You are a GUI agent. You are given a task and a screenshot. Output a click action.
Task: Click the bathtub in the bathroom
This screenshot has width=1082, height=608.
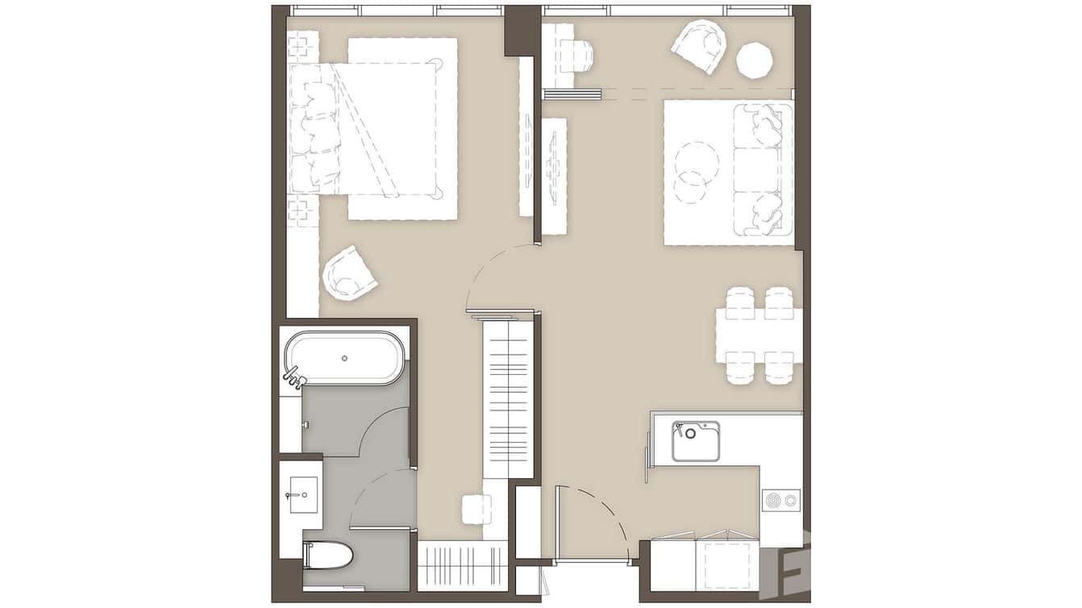coord(344,358)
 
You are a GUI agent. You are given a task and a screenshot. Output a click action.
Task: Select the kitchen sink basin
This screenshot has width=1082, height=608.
coord(696,442)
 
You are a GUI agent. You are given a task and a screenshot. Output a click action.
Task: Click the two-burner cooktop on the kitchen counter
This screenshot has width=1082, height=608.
coord(780,501)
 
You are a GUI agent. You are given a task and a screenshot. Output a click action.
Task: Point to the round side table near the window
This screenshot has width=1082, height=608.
coord(755,60)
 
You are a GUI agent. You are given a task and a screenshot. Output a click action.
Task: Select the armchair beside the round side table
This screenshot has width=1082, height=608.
coord(700,46)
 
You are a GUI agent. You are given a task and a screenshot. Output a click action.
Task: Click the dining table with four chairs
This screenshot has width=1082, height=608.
coord(759,335)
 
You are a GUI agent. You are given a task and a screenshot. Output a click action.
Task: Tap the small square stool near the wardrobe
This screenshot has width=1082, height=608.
coord(476,509)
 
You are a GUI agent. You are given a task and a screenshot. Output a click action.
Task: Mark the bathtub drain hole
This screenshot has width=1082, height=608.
coord(344,357)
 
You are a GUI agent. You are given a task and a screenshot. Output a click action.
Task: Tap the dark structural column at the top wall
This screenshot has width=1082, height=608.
coord(522,30)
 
